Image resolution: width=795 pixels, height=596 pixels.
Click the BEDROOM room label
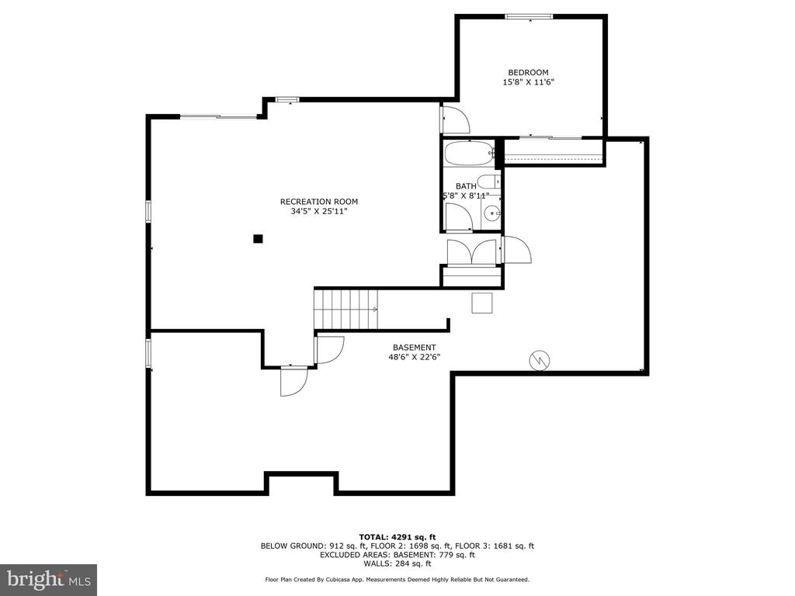pyautogui.click(x=528, y=72)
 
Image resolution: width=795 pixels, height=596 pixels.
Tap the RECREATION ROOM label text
pyautogui.click(x=319, y=202)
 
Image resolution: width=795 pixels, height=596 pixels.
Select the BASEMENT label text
pyautogui.click(x=415, y=348)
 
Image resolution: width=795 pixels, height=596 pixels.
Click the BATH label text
pyautogui.click(x=466, y=186)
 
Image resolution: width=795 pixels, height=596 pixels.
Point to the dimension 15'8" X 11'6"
pyautogui.click(x=528, y=82)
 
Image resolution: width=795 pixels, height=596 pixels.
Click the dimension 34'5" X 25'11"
pyautogui.click(x=319, y=211)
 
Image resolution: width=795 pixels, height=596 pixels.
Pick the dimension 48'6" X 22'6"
pyautogui.click(x=415, y=357)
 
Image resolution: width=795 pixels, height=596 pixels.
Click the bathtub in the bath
pyautogui.click(x=469, y=153)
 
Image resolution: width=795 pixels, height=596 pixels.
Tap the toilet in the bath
pyautogui.click(x=490, y=181)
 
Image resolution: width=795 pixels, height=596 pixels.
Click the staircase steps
pyautogui.click(x=346, y=309)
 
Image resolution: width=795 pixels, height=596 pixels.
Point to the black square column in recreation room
pyautogui.click(x=258, y=239)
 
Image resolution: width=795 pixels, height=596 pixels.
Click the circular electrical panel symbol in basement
pyautogui.click(x=540, y=361)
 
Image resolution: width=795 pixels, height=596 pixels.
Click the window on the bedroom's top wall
pyautogui.click(x=529, y=17)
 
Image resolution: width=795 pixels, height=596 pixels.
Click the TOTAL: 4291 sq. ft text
pyautogui.click(x=397, y=537)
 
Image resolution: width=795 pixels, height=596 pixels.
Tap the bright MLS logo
pyautogui.click(x=49, y=580)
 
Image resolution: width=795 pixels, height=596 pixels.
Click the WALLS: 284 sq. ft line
pyautogui.click(x=397, y=563)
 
